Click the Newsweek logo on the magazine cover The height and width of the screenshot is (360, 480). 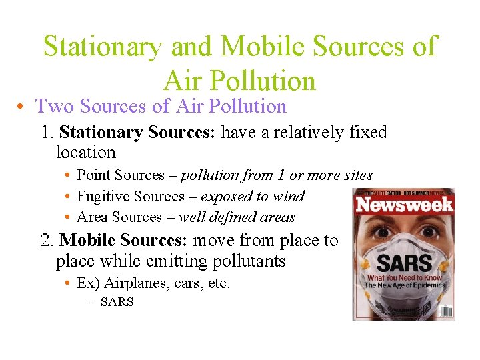coord(404,204)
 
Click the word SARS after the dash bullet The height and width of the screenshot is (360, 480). coord(117,302)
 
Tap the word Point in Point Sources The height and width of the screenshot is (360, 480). coord(93,175)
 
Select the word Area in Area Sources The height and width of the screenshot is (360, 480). coord(92,217)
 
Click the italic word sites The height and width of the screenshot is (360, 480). coord(357,175)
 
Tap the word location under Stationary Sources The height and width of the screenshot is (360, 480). coord(86,152)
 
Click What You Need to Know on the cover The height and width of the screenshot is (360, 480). coord(405,277)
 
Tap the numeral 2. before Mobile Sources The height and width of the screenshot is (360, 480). coord(48,240)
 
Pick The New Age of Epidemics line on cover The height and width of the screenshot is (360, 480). coord(403,285)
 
